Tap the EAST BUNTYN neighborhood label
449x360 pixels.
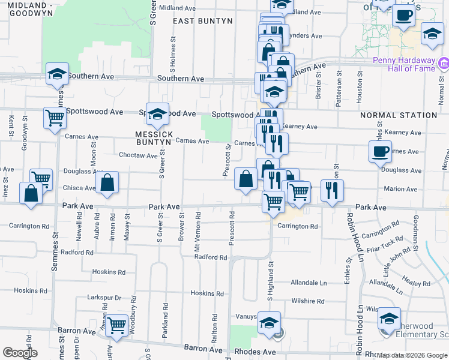point(202,21)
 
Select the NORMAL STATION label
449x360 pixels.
point(399,115)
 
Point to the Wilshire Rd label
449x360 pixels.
point(307,301)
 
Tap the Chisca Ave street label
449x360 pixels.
point(79,188)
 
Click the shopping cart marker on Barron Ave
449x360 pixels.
point(116,325)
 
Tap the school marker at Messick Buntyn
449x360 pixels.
point(157,113)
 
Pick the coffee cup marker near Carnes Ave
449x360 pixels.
point(380,151)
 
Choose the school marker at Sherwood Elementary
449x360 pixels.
point(390,319)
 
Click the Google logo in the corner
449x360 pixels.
point(20,353)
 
